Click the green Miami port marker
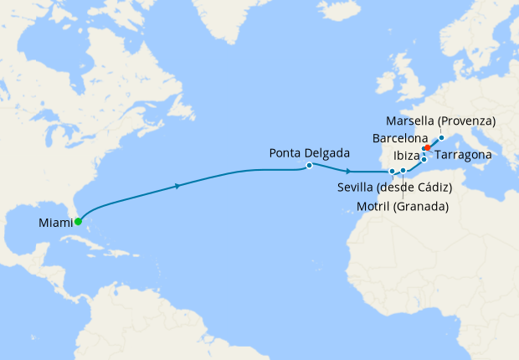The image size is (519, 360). (78, 222)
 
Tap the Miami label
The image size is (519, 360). (54, 223)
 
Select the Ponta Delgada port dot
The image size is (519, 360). (310, 165)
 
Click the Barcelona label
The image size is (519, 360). (400, 138)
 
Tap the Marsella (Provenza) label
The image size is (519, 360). (441, 121)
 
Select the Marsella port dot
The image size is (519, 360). (441, 136)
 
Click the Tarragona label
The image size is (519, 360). (462, 156)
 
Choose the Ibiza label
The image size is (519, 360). (406, 156)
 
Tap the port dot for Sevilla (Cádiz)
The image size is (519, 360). (392, 172)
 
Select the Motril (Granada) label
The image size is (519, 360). (403, 206)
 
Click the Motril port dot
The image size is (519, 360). (403, 171)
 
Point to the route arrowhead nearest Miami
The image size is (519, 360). (178, 186)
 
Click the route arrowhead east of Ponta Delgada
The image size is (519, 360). (347, 171)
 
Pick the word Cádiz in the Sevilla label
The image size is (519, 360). (433, 187)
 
